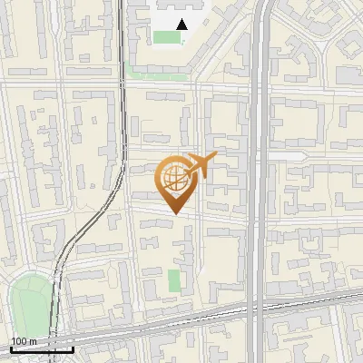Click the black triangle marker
coord(182,25)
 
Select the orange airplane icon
coord(201,165)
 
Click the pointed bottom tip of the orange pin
coord(175,214)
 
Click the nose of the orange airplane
coord(217,157)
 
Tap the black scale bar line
coord(42,349)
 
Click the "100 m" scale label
coord(23,342)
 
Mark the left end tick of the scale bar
coord(11,348)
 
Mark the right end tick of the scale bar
coord(73,348)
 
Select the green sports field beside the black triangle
coord(167,37)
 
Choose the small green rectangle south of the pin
coord(174,281)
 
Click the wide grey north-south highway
coord(259,181)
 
